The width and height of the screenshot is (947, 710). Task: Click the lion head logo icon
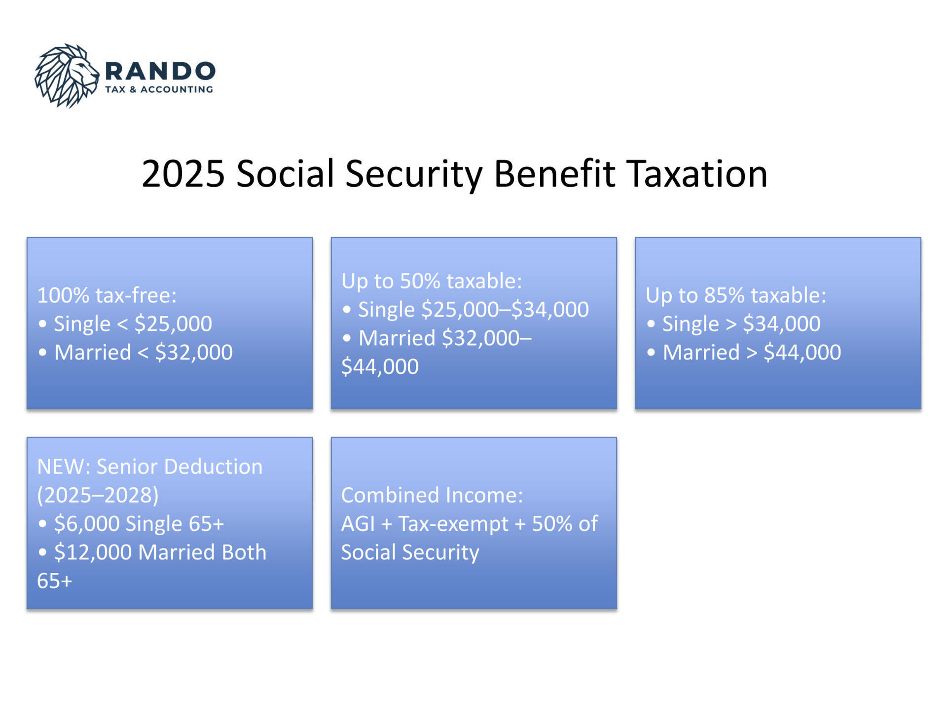pos(67,76)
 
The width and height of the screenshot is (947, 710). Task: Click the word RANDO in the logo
pos(160,71)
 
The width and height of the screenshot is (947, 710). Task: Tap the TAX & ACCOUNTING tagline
pos(159,89)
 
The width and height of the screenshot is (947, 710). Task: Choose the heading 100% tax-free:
pos(107,295)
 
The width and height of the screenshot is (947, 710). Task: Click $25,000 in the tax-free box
pos(173,324)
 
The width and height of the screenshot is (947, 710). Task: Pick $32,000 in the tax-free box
pos(194,353)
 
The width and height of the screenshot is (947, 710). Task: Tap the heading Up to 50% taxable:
pos(432,281)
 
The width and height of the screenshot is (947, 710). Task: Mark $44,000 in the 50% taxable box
pos(380,367)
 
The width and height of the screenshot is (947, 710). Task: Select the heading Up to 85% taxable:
pos(736,295)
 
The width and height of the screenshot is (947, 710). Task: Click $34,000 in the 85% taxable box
pos(782,324)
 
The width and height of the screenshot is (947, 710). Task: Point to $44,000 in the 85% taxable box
pos(802,353)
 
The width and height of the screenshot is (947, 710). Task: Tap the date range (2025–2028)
pos(98,495)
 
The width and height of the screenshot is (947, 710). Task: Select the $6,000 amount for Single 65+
pos(85,524)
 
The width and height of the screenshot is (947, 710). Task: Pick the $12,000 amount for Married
pos(93,552)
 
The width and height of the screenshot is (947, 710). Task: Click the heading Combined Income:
pos(432,495)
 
